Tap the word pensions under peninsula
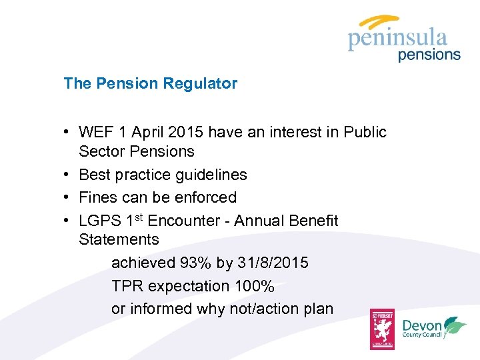pyautogui.click(x=429, y=55)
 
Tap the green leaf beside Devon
pyautogui.click(x=455, y=325)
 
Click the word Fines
pyautogui.click(x=97, y=197)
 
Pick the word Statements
pyautogui.click(x=119, y=239)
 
